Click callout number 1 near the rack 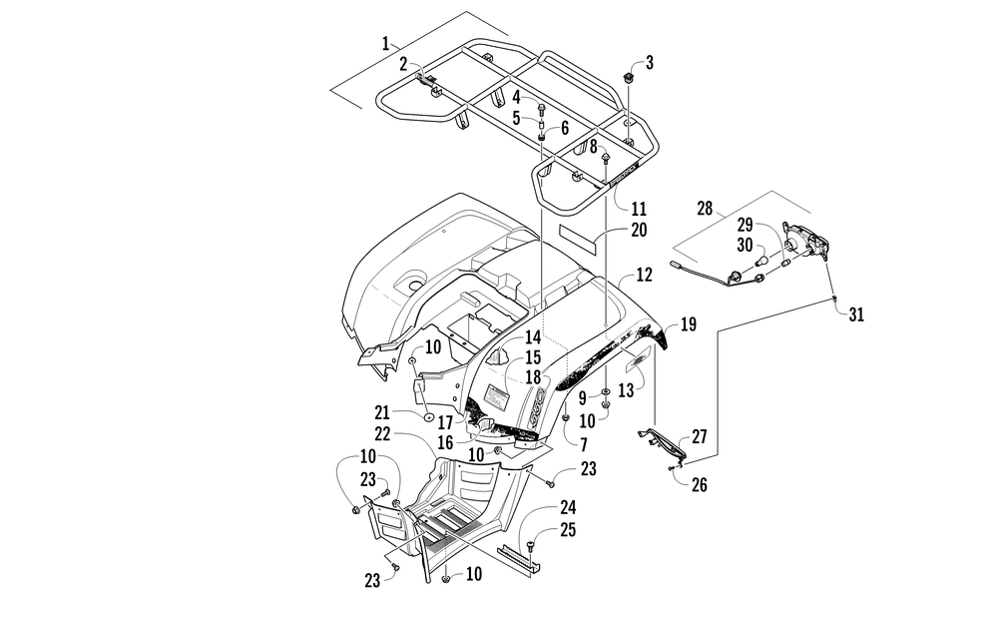pos(385,43)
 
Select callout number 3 pos(650,62)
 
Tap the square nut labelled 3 pos(629,79)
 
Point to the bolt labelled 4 pos(542,108)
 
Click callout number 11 pos(639,209)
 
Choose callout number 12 pos(644,276)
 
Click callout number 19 pos(688,324)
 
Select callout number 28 pos(705,209)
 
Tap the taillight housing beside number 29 pos(806,242)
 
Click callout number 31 pos(856,314)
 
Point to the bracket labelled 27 pos(663,442)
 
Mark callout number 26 pos(699,485)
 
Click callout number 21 pos(382,413)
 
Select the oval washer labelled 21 pos(429,418)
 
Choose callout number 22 pos(382,433)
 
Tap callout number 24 pos(568,507)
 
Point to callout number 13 pos(627,390)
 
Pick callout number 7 pos(584,444)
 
